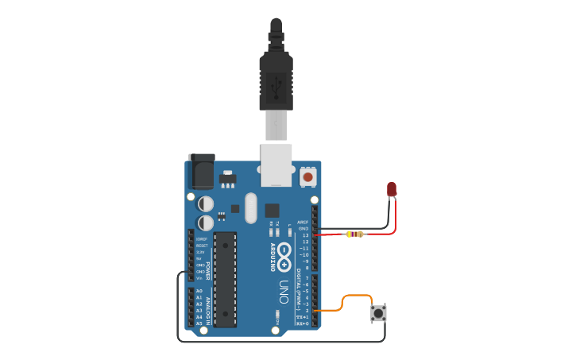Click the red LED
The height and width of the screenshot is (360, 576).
click(x=392, y=188)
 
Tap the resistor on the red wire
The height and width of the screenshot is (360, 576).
click(x=354, y=234)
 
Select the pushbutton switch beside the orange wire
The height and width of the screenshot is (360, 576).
click(x=379, y=313)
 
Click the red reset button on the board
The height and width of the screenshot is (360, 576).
click(x=307, y=176)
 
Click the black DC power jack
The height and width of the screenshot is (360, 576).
click(x=201, y=170)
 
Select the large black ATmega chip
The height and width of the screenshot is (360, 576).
click(x=225, y=279)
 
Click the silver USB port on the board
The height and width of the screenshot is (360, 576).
click(x=276, y=165)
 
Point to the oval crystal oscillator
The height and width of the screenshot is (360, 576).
click(x=251, y=208)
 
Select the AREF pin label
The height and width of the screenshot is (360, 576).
click(x=303, y=223)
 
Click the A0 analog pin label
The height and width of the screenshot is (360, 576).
click(x=199, y=291)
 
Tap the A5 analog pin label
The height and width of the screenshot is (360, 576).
click(x=199, y=323)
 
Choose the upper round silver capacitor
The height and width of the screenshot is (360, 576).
click(x=206, y=203)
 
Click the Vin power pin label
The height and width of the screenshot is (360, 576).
click(x=199, y=278)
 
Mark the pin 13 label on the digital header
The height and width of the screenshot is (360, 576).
click(x=305, y=235)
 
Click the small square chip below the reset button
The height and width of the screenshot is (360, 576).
click(x=273, y=211)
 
